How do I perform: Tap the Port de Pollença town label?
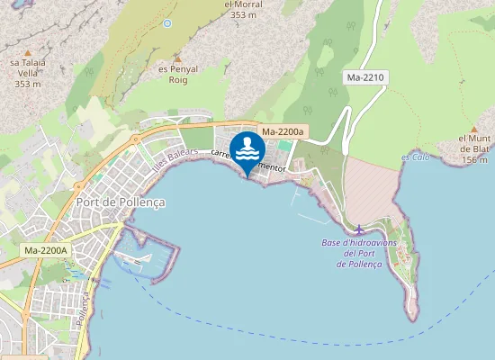click(x=121, y=202)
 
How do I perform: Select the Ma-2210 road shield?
click(x=365, y=78)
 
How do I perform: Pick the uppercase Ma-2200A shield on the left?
click(x=46, y=250)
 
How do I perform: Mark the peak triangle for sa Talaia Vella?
click(x=28, y=52)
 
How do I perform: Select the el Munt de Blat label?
click(x=473, y=143)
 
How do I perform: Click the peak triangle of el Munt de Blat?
click(x=473, y=130)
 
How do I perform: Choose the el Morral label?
click(x=243, y=4)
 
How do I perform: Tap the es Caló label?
click(x=416, y=157)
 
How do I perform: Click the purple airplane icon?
click(x=360, y=229)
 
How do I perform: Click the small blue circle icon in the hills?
click(x=166, y=23)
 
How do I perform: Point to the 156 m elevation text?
click(x=474, y=159)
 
